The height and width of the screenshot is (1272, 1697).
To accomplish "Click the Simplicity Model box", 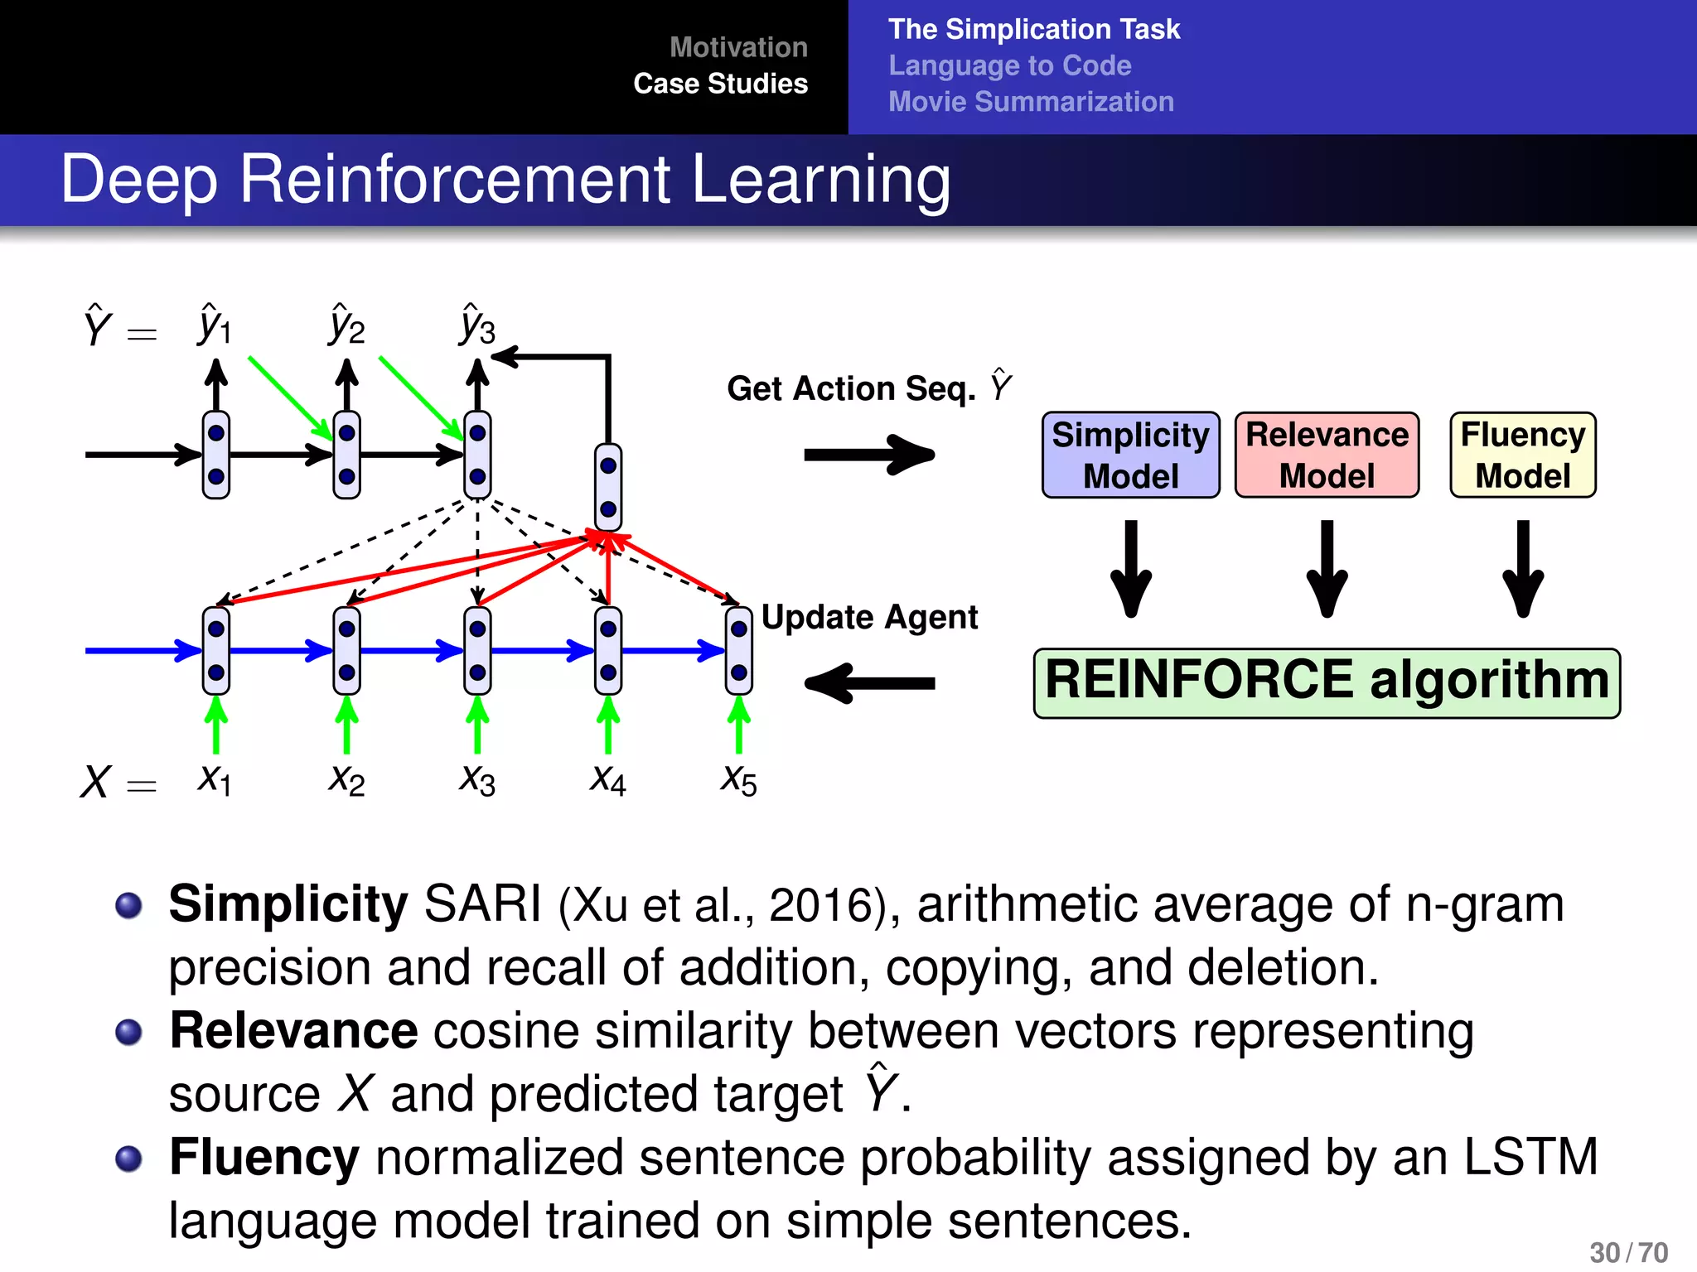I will (x=1130, y=455).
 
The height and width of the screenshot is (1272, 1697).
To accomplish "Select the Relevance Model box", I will (x=1327, y=455).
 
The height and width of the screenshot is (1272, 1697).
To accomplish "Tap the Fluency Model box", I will (x=1522, y=455).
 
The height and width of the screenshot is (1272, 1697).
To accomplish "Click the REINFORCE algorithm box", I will (x=1327, y=682).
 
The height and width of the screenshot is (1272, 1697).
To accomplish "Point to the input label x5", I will (x=738, y=779).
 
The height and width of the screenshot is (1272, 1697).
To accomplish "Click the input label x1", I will (x=215, y=779).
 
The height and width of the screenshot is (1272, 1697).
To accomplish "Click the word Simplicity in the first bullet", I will (x=288, y=903).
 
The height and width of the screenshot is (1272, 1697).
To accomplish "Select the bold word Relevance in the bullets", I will (x=293, y=1031).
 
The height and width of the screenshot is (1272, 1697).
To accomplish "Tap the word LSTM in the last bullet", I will (x=1530, y=1157).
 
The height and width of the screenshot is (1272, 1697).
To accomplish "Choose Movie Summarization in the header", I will (x=1031, y=102).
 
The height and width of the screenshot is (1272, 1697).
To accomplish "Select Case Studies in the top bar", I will (x=720, y=84).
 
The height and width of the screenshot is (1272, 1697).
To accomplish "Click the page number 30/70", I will (x=1628, y=1252).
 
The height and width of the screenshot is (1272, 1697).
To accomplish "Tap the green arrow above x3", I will (x=477, y=724).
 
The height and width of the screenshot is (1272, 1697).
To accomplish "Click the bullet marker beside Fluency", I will (x=128, y=1159).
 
